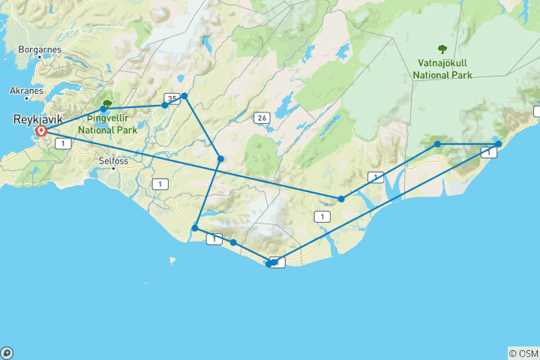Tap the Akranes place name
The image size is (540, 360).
click(x=26, y=91)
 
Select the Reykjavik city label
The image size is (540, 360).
click(x=37, y=119)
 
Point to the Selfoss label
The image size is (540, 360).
click(x=114, y=160)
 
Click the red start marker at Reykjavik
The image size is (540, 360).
click(x=41, y=131)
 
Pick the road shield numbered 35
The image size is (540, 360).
click(x=172, y=98)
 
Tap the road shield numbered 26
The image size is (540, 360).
click(x=261, y=118)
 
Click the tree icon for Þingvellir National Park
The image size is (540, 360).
click(x=107, y=104)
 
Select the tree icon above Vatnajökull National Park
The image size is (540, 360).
click(x=442, y=50)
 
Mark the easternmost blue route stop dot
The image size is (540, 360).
click(x=498, y=143)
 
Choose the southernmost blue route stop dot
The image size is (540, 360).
click(x=268, y=264)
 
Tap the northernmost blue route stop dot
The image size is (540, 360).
click(x=184, y=96)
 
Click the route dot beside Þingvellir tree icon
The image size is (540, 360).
click(x=103, y=109)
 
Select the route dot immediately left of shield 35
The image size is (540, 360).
click(x=165, y=105)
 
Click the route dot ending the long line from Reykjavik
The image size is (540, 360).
click(x=341, y=199)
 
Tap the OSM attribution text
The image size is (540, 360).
click(x=523, y=352)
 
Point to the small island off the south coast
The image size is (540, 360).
click(x=172, y=261)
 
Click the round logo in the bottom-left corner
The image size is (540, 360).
click(x=7, y=352)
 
